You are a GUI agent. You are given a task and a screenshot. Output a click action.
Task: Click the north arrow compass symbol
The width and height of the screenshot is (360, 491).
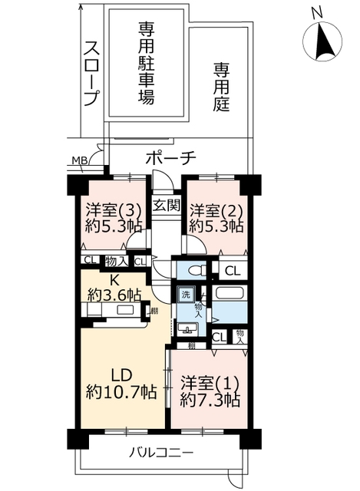pyautogui.click(x=322, y=41)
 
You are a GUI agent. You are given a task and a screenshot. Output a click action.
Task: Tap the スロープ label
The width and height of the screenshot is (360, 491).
pyautogui.click(x=92, y=74)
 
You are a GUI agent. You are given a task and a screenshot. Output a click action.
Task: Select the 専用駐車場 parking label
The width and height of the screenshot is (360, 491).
pyautogui.click(x=146, y=63)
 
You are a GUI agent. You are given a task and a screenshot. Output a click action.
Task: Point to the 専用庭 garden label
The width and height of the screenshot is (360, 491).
pyautogui.click(x=222, y=87)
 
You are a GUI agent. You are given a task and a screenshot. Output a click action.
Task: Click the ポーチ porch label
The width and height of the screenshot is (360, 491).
pyautogui.click(x=170, y=158)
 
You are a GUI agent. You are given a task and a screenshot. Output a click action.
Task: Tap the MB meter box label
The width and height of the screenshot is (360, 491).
pyautogui.click(x=80, y=160)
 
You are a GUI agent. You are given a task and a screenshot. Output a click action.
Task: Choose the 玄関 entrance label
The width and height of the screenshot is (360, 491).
pyautogui.click(x=167, y=206)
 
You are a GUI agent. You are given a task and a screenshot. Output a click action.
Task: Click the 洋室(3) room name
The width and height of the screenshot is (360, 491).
pyautogui.click(x=114, y=210)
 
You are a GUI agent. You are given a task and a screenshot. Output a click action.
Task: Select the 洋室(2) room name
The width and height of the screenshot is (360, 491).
pyautogui.click(x=216, y=210)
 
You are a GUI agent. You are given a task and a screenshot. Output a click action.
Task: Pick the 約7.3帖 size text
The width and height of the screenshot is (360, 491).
pyautogui.click(x=210, y=399)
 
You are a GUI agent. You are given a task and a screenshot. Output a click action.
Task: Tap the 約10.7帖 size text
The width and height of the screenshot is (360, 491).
pyautogui.click(x=121, y=392)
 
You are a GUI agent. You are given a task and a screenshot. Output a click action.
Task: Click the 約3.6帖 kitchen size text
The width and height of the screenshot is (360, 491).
pyautogui.click(x=114, y=295)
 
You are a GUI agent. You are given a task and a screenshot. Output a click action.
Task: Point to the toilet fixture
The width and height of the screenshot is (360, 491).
pyautogui.click(x=197, y=270)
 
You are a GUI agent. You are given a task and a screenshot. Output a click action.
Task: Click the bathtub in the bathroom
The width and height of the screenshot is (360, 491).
pyautogui.click(x=230, y=293)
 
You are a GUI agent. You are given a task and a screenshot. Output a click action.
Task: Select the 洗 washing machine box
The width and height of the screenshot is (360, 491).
pyautogui.click(x=186, y=295)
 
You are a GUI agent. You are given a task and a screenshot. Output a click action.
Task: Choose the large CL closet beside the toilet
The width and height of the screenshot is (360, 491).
pyautogui.click(x=233, y=271)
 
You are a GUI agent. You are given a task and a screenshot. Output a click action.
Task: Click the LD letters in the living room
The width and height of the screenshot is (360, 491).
pyautogui.click(x=121, y=376)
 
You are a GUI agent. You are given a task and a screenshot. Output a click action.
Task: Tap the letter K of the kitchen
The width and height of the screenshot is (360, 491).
pyautogui.click(x=114, y=280)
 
